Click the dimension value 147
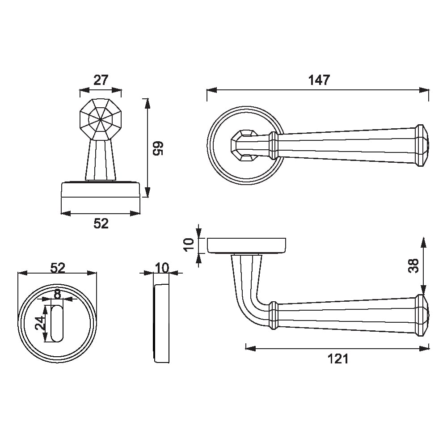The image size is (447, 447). pos(319,80)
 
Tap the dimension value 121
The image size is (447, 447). pos(338,359)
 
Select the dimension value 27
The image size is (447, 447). pos(101,80)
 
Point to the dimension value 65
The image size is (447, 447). pos(158,148)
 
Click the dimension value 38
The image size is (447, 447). pos(413,266)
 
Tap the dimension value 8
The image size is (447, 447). pos(58,294)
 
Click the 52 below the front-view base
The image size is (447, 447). pos(101,223)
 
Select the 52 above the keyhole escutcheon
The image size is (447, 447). pos(58,268)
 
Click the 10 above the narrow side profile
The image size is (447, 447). pos(162,268)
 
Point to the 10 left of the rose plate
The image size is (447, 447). pos(189,245)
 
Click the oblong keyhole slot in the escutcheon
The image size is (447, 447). pos(57,323)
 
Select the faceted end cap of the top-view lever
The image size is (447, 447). pos(422,145)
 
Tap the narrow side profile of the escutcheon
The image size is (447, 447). pos(162,323)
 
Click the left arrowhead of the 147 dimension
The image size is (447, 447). pos(211,90)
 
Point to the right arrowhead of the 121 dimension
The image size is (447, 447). pos(424,348)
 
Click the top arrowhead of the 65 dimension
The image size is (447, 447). pos(147,104)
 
